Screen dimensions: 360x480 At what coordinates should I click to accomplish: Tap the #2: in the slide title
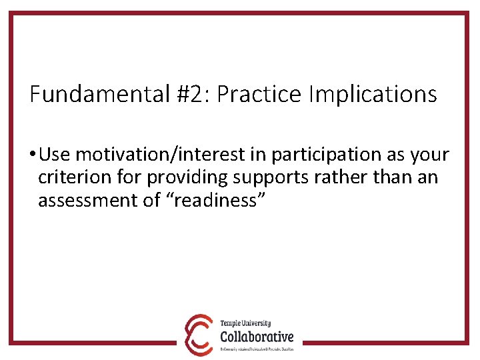point(192,94)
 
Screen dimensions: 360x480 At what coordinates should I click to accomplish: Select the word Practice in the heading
point(259,94)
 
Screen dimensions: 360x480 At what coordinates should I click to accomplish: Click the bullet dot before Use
point(33,155)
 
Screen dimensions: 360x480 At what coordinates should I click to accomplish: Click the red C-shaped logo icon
point(199,335)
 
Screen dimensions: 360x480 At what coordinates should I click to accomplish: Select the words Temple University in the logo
point(246,324)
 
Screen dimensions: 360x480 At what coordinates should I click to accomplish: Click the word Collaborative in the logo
point(257,337)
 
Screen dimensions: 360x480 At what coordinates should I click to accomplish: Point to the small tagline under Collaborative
point(257,349)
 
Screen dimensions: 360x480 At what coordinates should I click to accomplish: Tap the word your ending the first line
point(430,155)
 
